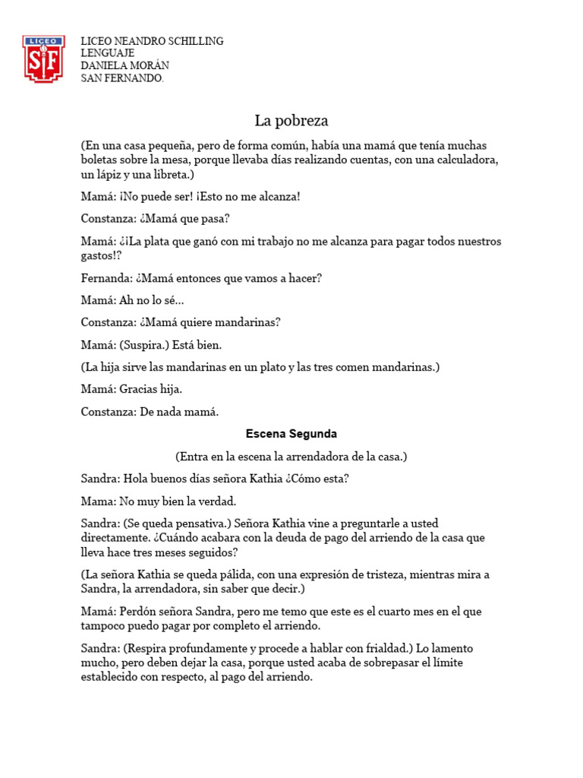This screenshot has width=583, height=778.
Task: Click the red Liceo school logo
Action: tap(44, 59)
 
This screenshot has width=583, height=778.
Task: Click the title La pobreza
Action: tap(291, 121)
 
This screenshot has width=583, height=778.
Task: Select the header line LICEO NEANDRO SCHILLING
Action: tap(152, 41)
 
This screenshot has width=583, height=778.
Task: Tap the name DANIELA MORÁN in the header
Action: tap(125, 66)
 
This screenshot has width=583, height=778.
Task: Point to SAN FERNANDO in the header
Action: tap(121, 78)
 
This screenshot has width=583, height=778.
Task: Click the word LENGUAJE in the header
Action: tap(108, 53)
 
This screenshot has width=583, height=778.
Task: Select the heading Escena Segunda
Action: tap(291, 434)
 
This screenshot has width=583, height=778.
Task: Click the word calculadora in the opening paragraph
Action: tap(465, 160)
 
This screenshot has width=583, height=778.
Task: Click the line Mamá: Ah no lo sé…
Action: tap(132, 300)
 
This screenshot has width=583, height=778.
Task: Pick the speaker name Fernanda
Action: tap(106, 278)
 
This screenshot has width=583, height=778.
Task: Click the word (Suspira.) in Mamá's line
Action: tap(145, 345)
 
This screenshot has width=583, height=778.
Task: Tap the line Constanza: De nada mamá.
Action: tap(150, 412)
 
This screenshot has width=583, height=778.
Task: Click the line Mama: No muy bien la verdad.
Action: tap(159, 501)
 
